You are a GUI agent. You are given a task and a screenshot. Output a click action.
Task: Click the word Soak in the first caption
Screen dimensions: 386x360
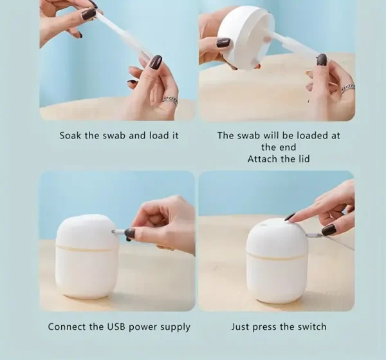click(x=70, y=135)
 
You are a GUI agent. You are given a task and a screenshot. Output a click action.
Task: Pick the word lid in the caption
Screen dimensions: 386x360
click(x=304, y=159)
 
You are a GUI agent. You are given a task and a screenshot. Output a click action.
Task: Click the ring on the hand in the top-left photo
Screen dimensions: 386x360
click(x=170, y=100)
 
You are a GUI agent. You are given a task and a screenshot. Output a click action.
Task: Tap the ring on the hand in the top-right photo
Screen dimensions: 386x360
click(x=348, y=88)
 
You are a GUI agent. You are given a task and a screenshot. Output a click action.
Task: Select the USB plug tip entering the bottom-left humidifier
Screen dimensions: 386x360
click(x=114, y=232)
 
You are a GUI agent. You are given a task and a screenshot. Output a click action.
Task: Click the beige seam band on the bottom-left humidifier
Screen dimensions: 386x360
click(x=86, y=247)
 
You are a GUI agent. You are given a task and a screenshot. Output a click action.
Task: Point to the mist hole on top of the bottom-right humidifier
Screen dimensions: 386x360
click(x=263, y=225)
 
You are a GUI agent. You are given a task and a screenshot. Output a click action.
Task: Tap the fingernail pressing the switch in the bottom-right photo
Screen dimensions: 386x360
click(x=289, y=217)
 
